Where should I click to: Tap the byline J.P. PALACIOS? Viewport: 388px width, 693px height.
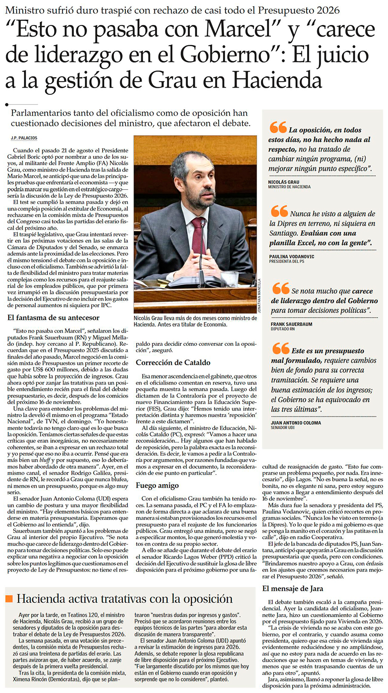click(x=24, y=138)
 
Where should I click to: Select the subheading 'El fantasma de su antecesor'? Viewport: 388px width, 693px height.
click(x=53, y=318)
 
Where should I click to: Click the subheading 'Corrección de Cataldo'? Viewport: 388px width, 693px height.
click(x=173, y=363)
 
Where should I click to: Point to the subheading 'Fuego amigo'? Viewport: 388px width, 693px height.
click(x=157, y=485)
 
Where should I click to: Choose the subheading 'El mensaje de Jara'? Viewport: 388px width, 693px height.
click(x=293, y=589)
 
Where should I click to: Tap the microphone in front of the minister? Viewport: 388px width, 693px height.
click(x=202, y=247)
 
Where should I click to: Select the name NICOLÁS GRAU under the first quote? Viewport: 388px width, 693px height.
click(x=283, y=182)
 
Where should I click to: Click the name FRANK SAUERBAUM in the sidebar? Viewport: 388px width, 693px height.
click(x=291, y=324)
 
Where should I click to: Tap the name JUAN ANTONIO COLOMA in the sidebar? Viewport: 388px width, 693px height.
click(x=296, y=423)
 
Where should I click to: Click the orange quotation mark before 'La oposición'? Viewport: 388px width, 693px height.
click(x=278, y=128)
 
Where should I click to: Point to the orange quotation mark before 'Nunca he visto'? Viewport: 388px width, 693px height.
click(x=279, y=211)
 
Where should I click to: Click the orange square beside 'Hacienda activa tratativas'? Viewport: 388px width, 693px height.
click(x=9, y=599)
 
